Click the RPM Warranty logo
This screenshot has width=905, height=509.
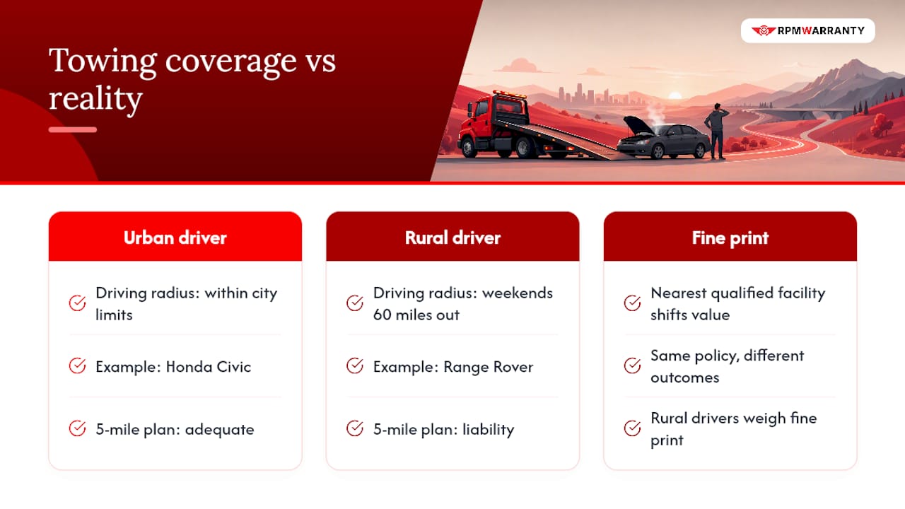pos(807,30)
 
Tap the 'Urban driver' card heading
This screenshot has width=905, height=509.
pos(175,238)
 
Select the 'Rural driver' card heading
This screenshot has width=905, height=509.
pos(452,238)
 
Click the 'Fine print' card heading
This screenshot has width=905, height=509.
pos(730,238)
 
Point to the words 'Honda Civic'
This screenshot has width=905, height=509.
pos(209,367)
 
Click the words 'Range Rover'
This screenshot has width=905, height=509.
pos(489,367)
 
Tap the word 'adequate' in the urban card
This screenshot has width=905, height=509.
pos(219,429)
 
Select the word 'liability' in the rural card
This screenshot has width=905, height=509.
pos(488,429)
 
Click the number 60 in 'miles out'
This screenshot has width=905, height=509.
pos(382,315)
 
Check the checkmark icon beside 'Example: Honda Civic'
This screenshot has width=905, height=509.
pos(77,366)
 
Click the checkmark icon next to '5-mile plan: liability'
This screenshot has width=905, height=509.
pos(355,428)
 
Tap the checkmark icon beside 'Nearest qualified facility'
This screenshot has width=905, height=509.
pos(632,303)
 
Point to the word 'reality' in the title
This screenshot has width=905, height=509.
pos(95,99)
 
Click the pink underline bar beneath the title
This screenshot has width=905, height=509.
pos(73,129)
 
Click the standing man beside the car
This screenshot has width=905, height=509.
pos(717,131)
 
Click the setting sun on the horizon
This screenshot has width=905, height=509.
pos(675,95)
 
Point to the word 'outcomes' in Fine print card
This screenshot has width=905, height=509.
pos(685,378)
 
